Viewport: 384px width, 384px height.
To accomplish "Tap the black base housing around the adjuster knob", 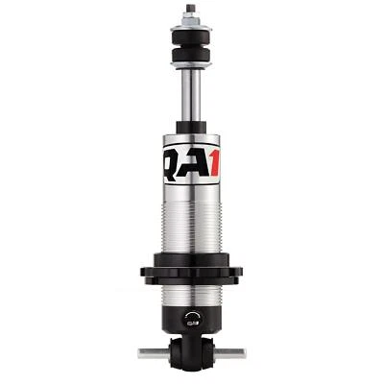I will tap(173, 322).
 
